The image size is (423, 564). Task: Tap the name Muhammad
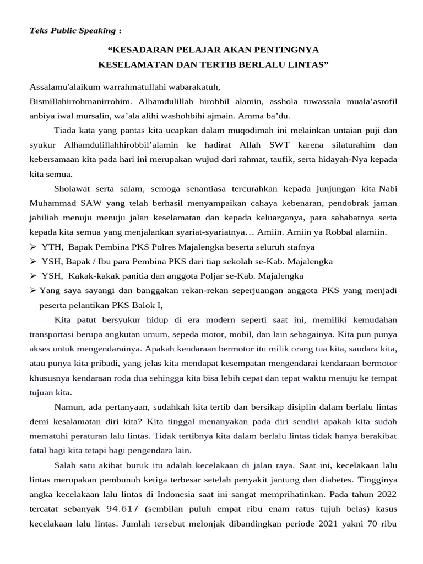[53, 203]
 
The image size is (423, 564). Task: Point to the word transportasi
[53, 334]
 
